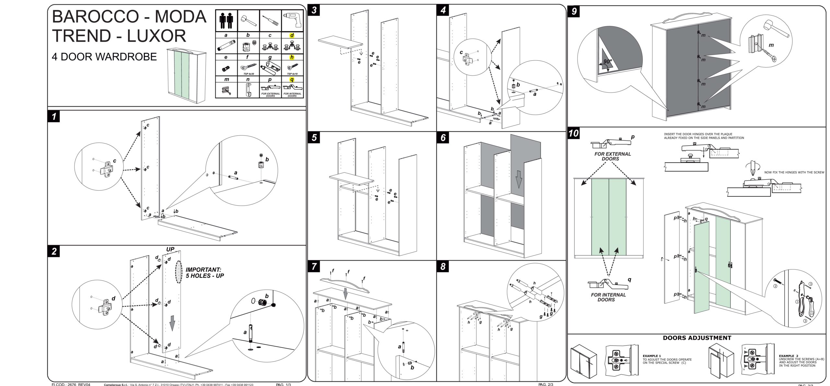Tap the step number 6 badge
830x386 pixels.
click(x=443, y=138)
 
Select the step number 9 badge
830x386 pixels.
click(x=574, y=11)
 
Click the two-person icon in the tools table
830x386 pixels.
click(x=227, y=20)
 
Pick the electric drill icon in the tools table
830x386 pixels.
click(x=292, y=20)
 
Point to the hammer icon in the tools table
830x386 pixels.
click(x=249, y=20)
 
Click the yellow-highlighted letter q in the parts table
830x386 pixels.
click(x=292, y=80)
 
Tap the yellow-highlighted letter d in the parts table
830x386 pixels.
click(x=292, y=35)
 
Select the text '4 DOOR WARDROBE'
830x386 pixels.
click(x=104, y=57)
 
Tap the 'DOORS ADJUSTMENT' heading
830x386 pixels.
click(x=697, y=338)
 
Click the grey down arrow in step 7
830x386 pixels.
click(x=346, y=293)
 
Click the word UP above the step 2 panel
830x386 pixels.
click(x=171, y=249)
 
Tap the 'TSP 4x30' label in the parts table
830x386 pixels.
click(x=248, y=74)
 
